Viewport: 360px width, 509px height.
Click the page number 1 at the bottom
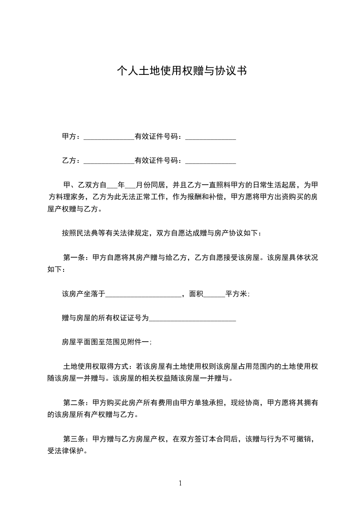(x=180, y=483)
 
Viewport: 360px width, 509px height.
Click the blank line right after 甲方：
(x=109, y=137)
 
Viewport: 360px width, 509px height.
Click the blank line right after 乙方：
(x=109, y=161)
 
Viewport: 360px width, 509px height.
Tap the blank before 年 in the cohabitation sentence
(x=112, y=186)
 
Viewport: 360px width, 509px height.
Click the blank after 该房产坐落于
(x=143, y=294)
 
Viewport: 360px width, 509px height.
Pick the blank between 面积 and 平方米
(x=214, y=294)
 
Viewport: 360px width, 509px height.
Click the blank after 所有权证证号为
(x=192, y=319)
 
